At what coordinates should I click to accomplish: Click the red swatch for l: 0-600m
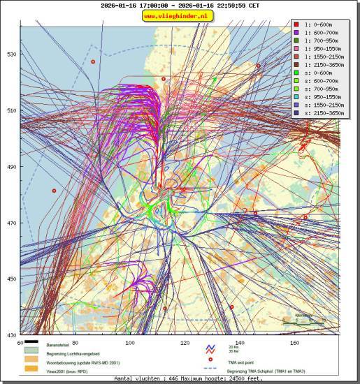pyautogui.click(x=296, y=24)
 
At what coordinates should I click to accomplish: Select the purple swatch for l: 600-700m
pyautogui.click(x=296, y=32)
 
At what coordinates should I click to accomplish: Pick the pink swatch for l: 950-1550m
pyautogui.click(x=296, y=48)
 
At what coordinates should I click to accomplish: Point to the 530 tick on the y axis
pyautogui.click(x=11, y=54)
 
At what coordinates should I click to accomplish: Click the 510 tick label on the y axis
pyautogui.click(x=11, y=110)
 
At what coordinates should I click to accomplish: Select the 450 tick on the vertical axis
pyautogui.click(x=11, y=279)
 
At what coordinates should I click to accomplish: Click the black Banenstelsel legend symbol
pyautogui.click(x=32, y=342)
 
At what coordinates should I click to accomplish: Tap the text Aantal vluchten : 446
pyautogui.click(x=143, y=378)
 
